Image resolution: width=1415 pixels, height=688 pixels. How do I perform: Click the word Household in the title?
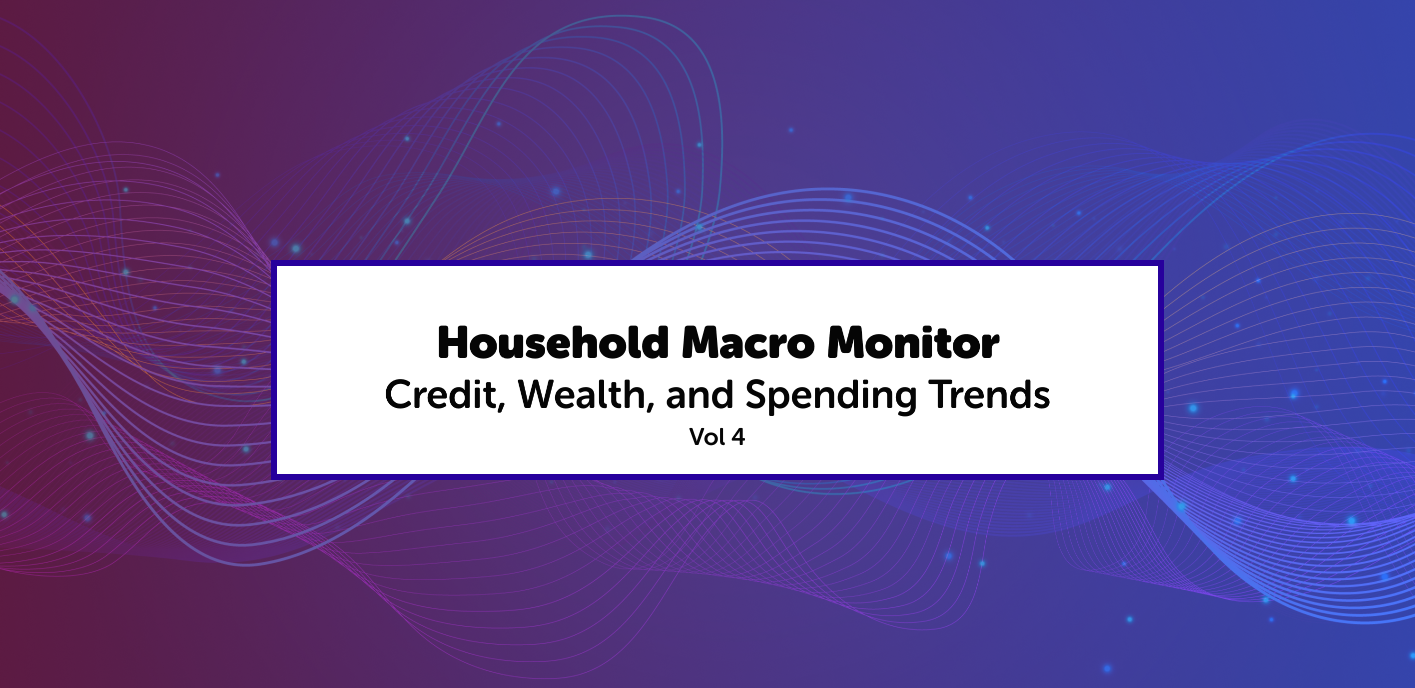[553, 343]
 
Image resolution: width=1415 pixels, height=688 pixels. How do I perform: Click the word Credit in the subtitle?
[441, 394]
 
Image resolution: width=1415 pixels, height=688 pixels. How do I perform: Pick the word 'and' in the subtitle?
[700, 394]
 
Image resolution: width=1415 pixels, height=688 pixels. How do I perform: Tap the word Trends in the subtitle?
[989, 394]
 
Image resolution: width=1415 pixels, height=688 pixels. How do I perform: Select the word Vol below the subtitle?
[707, 437]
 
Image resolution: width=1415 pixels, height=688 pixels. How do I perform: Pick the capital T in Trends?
[940, 394]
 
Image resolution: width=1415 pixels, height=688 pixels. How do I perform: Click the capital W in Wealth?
[540, 394]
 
